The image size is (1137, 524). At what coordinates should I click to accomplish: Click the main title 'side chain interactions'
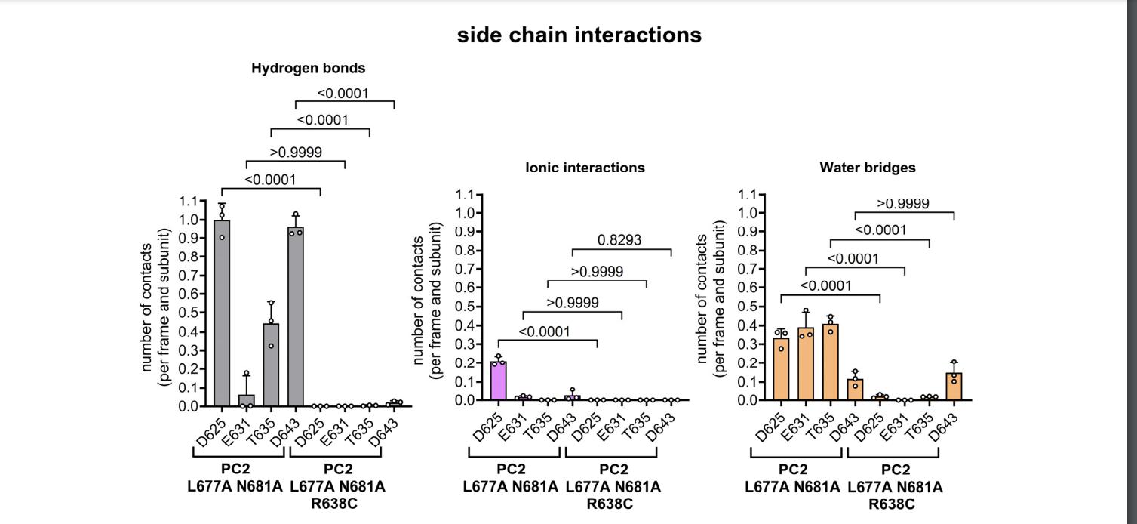click(x=579, y=35)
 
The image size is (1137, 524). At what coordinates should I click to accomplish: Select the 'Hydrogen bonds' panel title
click(x=308, y=68)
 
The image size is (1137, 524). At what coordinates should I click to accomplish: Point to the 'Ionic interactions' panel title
click(x=585, y=168)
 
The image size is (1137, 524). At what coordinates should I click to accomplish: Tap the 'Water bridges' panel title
click(x=868, y=168)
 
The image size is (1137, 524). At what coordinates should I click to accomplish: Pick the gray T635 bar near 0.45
click(x=271, y=365)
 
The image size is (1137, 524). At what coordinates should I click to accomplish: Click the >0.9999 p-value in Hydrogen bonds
click(x=296, y=153)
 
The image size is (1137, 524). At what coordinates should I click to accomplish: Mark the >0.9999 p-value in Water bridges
click(x=903, y=204)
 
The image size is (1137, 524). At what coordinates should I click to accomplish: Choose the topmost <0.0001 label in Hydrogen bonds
click(x=343, y=94)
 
